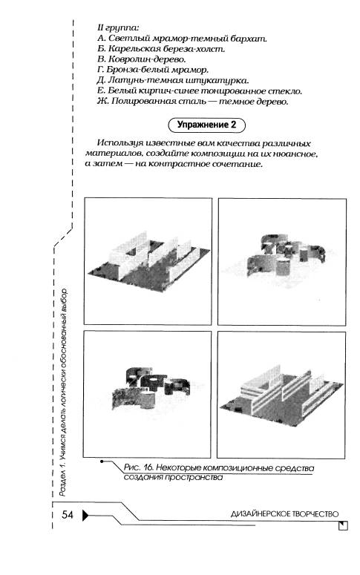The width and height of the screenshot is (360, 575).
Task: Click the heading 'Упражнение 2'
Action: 206,125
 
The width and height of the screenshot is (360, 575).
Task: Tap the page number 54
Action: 67,514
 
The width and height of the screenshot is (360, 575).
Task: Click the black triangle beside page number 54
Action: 85,515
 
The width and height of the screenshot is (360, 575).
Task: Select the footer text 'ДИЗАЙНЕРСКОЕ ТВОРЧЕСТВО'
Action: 284,513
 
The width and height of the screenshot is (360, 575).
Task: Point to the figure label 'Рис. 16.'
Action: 138,467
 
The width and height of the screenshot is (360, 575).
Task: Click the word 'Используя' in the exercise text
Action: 119,143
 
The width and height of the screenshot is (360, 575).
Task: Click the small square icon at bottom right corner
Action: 344,525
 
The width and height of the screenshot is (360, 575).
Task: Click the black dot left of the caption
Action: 101,461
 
